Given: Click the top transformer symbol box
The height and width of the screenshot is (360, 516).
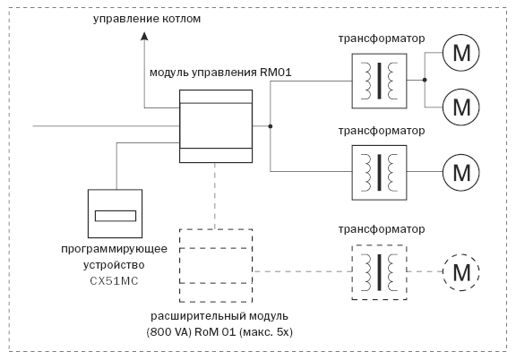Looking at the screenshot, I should [379, 79].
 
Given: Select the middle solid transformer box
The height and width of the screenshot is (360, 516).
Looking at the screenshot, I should [379, 167].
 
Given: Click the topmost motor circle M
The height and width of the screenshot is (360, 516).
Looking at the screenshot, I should [462, 52].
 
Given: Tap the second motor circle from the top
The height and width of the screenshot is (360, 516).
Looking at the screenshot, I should [462, 107].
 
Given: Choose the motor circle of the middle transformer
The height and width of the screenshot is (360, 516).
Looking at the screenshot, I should [462, 167].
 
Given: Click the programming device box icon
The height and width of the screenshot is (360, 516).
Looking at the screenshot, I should [115, 215].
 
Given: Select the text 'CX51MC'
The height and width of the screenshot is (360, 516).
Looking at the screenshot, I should [116, 281].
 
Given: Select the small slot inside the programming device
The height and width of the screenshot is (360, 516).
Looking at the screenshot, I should [115, 216].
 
